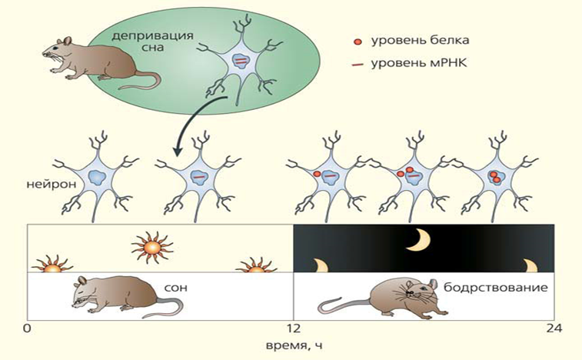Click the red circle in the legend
point(354,39)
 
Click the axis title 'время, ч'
point(291,345)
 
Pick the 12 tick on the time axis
point(291,329)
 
